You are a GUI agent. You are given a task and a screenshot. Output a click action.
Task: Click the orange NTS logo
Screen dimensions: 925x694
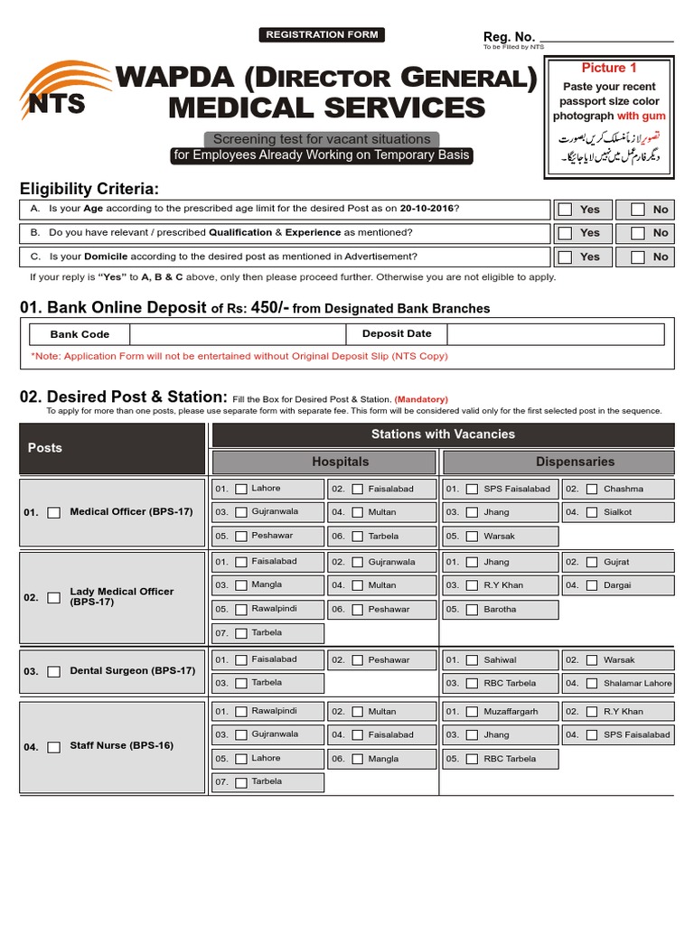69,91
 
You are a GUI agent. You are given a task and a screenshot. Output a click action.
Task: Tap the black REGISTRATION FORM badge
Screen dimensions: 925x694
322,35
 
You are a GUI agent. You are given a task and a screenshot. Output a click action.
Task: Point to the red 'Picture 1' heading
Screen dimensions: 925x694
608,68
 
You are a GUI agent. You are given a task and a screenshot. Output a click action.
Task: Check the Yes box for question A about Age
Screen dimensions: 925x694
566,210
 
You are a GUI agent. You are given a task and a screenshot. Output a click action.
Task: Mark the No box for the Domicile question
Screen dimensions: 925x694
638,257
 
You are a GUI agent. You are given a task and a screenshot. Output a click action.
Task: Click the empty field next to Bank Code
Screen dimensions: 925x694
238,334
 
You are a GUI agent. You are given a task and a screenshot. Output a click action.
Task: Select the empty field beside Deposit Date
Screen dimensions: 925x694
555,334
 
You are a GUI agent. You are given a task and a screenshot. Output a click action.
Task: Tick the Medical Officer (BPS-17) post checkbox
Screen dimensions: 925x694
54,512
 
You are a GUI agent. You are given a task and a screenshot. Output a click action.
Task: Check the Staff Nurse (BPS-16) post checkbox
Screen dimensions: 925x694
54,747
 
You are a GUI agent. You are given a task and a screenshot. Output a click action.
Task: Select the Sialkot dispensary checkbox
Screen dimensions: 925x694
591,512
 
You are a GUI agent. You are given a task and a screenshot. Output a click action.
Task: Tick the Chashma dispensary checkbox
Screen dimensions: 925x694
591,489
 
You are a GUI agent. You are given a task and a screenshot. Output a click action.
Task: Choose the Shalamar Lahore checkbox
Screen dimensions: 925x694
591,684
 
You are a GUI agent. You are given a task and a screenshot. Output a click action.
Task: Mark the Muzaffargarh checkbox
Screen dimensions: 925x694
471,712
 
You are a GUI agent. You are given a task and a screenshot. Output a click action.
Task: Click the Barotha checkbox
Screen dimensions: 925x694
471,610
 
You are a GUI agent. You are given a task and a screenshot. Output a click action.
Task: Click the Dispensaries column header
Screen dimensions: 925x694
575,462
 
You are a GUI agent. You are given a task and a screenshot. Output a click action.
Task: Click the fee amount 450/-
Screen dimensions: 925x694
270,308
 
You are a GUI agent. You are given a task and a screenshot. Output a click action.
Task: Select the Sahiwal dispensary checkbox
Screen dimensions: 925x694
471,660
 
